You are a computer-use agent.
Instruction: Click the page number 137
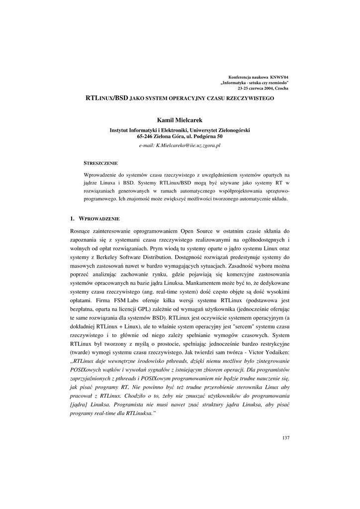(285, 437)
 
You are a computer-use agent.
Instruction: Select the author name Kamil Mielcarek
(180, 120)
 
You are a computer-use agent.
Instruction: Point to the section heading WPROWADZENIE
(99, 218)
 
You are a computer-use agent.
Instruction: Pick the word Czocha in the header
(281, 88)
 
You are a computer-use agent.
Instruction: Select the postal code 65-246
(147, 136)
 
